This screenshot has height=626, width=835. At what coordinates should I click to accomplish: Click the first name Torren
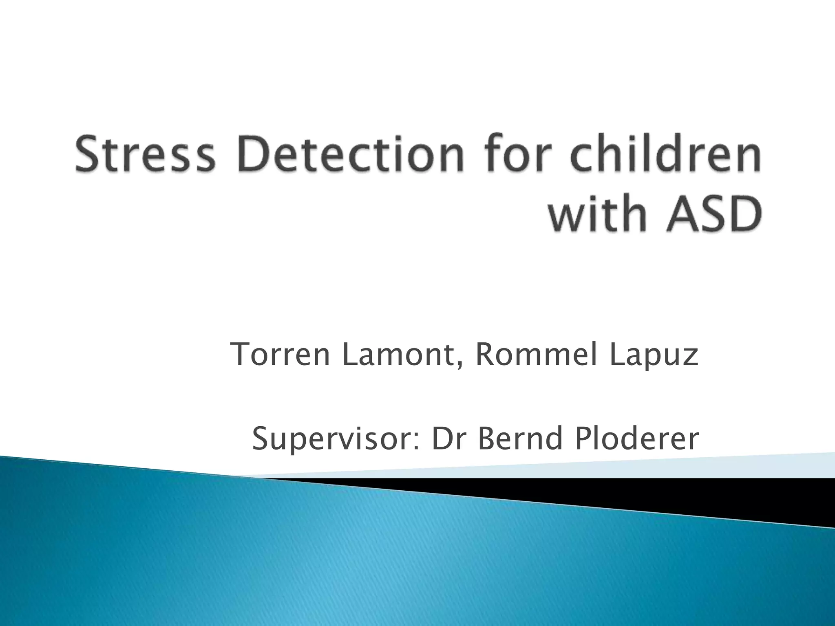280,355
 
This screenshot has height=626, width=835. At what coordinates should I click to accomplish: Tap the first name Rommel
536,355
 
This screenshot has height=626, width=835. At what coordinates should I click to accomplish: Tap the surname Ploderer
636,439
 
